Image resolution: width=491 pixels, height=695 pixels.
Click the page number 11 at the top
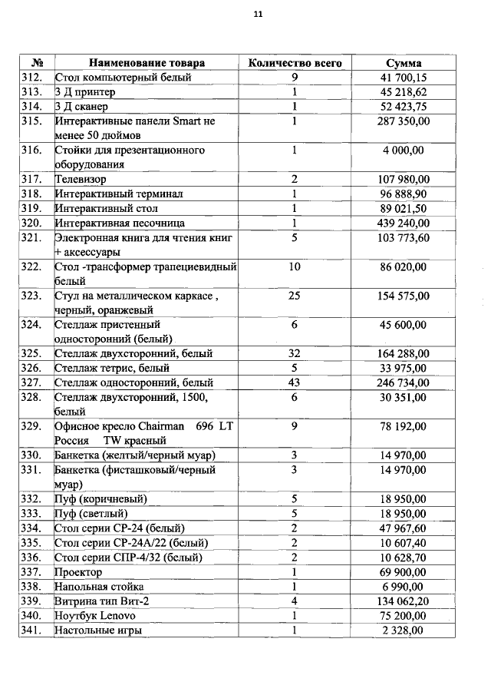pyautogui.click(x=258, y=14)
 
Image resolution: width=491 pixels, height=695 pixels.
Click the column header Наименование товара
pyautogui.click(x=147, y=63)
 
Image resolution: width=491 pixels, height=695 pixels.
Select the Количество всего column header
pyautogui.click(x=295, y=63)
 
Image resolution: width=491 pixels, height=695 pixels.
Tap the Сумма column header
pyautogui.click(x=404, y=63)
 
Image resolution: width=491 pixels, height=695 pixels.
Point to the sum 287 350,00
pyautogui.click(x=404, y=121)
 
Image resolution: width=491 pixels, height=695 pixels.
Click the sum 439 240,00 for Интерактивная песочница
pyautogui.click(x=404, y=223)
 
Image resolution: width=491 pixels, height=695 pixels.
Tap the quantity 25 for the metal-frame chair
pyautogui.click(x=295, y=296)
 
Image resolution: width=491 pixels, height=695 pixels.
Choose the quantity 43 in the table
pyautogui.click(x=295, y=382)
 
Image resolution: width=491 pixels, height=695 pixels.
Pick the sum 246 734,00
pyautogui.click(x=404, y=382)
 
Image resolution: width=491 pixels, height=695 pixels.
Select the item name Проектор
pyautogui.click(x=78, y=573)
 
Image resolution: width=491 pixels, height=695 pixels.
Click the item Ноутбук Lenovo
pyautogui.click(x=94, y=616)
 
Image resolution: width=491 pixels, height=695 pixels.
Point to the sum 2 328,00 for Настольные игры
pyautogui.click(x=404, y=630)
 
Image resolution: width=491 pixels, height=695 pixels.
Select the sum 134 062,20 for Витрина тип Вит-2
pyautogui.click(x=404, y=601)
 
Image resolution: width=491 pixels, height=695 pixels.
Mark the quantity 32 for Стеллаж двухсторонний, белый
pyautogui.click(x=295, y=353)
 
